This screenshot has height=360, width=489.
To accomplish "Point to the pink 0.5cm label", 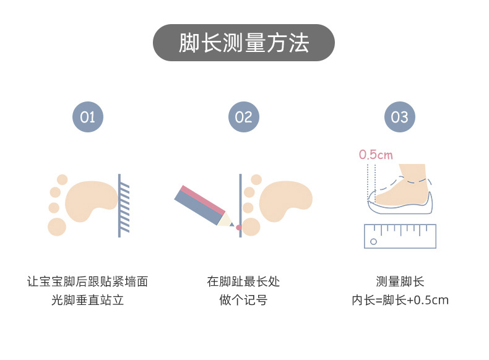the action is click(x=376, y=155).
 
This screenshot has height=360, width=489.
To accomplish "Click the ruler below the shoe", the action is click(x=400, y=236).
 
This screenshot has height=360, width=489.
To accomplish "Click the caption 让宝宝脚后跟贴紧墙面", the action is click(x=87, y=282).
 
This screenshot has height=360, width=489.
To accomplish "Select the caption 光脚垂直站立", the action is click(x=87, y=301).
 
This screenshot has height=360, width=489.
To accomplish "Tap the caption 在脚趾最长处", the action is click(x=243, y=282).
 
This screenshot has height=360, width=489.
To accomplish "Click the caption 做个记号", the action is click(x=243, y=301).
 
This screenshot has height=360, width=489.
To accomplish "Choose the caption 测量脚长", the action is click(x=400, y=282).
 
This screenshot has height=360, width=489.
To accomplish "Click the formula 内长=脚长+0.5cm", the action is click(x=400, y=301).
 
